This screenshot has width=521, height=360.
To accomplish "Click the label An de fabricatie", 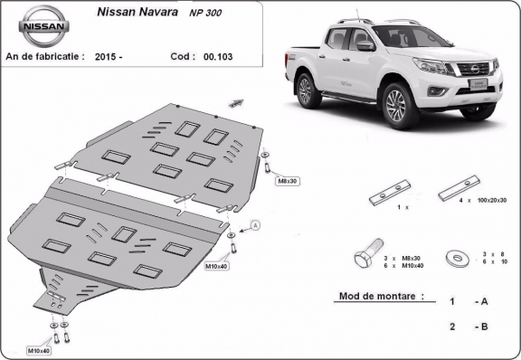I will click(x=45, y=55).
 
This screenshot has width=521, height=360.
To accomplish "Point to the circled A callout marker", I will click(x=255, y=224).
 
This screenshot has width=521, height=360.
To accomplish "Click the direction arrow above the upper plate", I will click(x=238, y=103).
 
